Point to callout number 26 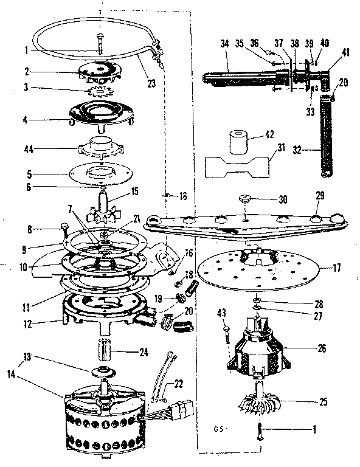tap(321, 348)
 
